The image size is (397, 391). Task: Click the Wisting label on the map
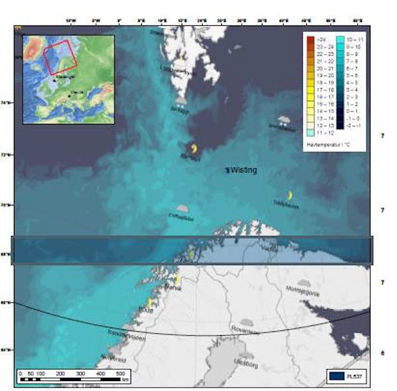(243, 170)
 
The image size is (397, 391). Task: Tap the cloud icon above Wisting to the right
(284, 119)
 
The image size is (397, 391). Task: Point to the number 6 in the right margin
(382, 353)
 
